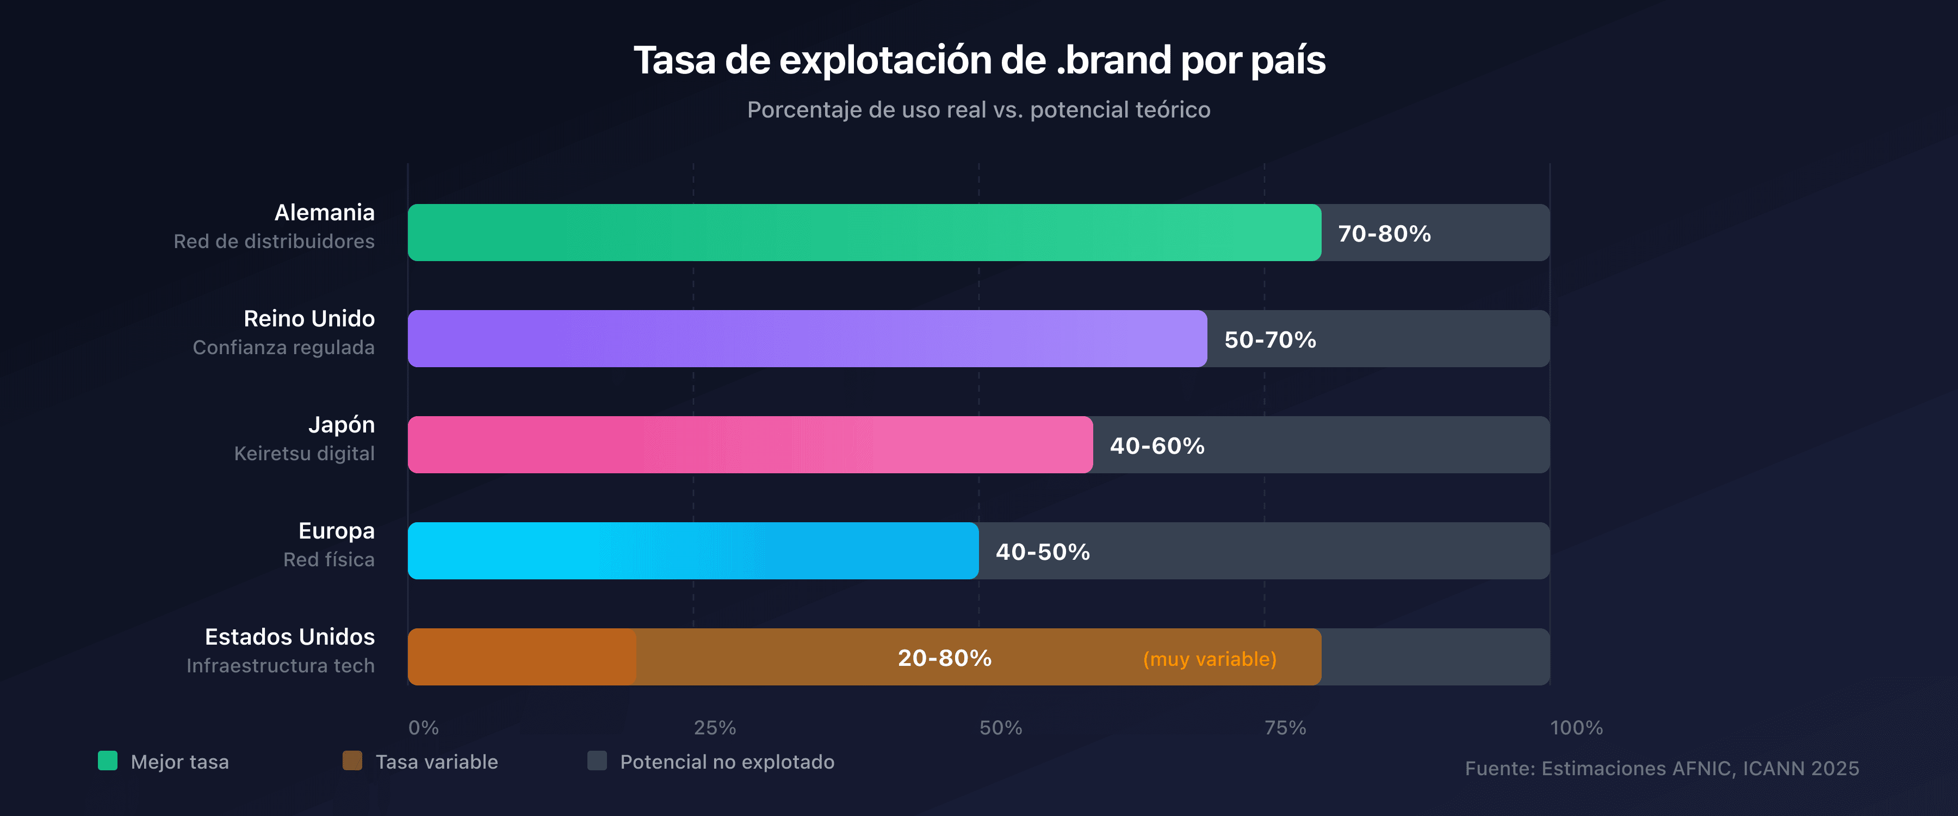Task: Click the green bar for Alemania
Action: (x=864, y=233)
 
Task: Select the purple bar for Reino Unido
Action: (x=807, y=338)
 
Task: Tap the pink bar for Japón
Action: (x=750, y=445)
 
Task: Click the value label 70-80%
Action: (x=1384, y=233)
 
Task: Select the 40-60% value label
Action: (x=1157, y=446)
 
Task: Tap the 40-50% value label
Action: (x=1043, y=552)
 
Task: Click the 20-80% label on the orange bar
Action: (x=945, y=658)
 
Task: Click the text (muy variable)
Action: (x=1209, y=659)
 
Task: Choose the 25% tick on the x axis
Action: (x=715, y=728)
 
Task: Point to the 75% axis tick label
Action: (x=1285, y=728)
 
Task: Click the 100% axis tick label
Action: (x=1576, y=728)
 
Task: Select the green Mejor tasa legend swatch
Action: (x=108, y=761)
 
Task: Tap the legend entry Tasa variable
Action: (x=436, y=762)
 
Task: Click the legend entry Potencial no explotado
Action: (x=727, y=762)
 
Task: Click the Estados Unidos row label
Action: (x=289, y=636)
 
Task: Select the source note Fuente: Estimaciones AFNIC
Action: (x=1662, y=768)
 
